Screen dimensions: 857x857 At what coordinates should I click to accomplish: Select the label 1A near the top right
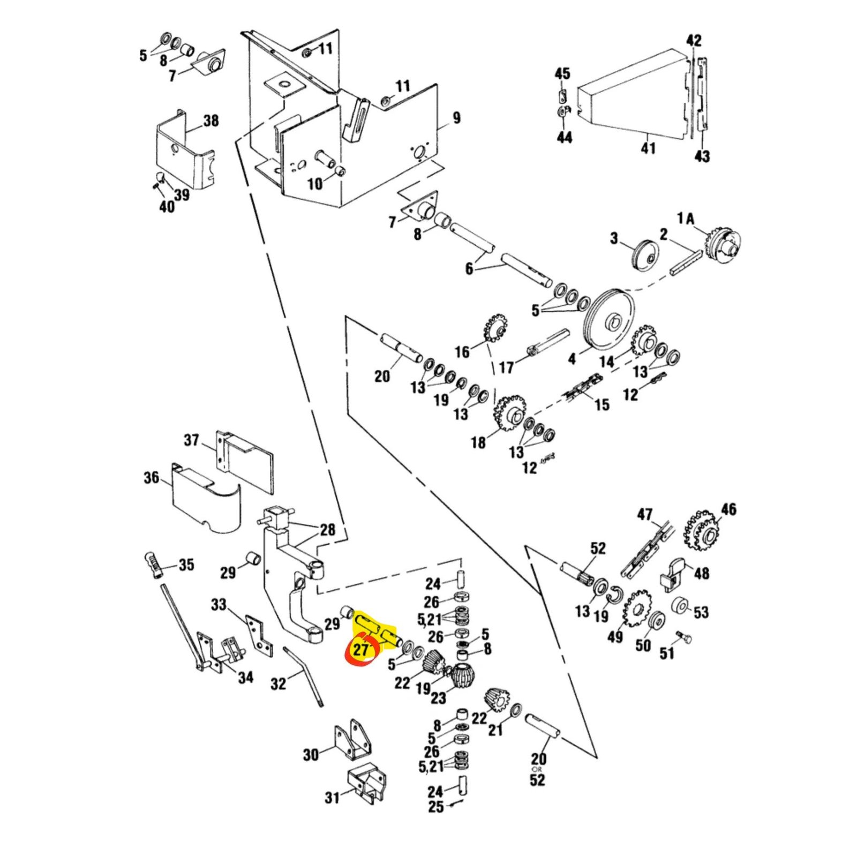click(x=686, y=219)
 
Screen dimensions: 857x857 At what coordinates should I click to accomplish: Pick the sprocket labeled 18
click(x=509, y=414)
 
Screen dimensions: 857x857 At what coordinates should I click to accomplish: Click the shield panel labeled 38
click(x=182, y=150)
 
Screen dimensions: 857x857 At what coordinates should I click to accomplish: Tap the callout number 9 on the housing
click(x=456, y=118)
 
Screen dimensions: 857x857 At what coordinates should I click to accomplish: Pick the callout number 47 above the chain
click(x=644, y=515)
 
